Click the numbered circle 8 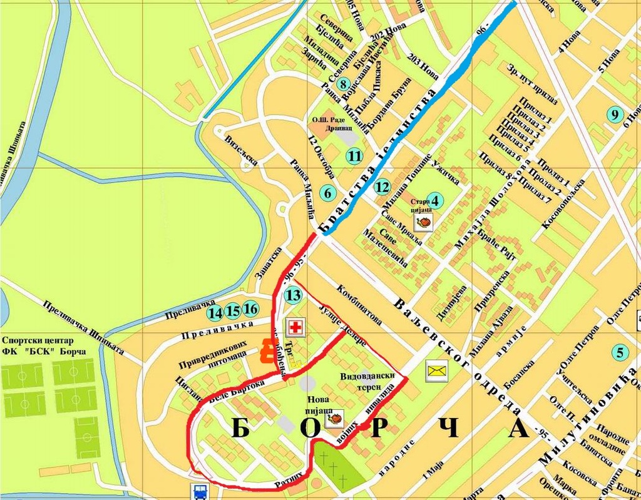click(x=342, y=83)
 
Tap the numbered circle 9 click(x=615, y=114)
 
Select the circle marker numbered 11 click(x=356, y=156)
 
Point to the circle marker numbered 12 click(x=382, y=186)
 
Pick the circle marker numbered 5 click(x=620, y=352)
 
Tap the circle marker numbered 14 click(x=215, y=312)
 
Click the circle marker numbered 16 click(x=250, y=309)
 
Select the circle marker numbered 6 click(x=327, y=193)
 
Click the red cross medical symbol click(x=293, y=327)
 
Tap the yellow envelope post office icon click(x=436, y=370)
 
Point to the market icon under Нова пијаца click(x=334, y=418)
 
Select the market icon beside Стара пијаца click(x=424, y=222)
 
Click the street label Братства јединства click(x=379, y=164)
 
